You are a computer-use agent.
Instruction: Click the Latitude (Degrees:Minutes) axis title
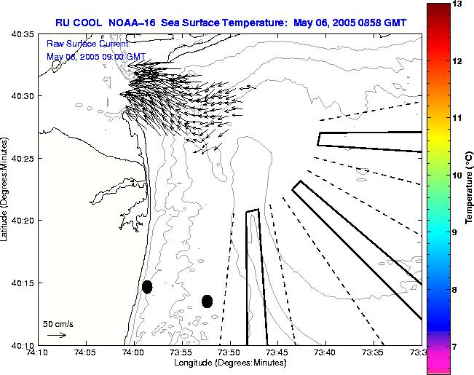pos(5,189)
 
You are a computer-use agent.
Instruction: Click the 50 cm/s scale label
pos(58,323)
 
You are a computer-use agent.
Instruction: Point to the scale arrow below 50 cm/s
pos(57,335)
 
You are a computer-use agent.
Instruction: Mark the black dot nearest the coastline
pos(147,287)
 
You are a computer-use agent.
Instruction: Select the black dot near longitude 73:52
pos(208,301)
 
